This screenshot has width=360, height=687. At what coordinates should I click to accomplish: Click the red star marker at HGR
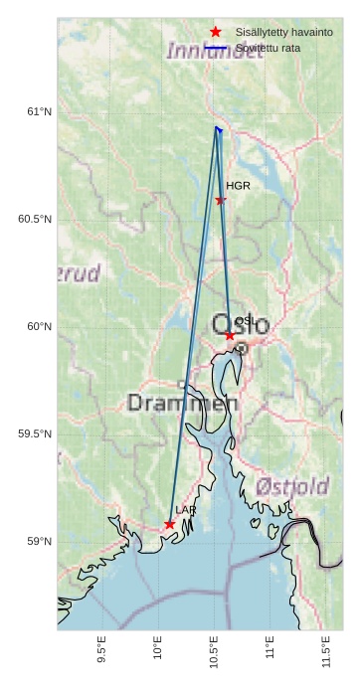221,200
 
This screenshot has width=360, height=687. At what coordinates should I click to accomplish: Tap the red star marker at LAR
170,524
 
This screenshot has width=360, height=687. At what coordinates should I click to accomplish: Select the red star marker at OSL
230,336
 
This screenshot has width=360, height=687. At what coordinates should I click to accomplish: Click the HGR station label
238,186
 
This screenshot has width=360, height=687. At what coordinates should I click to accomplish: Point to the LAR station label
186,510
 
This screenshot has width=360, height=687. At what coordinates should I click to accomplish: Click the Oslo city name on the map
240,324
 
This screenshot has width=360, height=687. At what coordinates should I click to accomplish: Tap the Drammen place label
183,404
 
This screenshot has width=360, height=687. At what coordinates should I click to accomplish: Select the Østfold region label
292,486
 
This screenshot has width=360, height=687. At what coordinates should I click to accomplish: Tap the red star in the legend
216,32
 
